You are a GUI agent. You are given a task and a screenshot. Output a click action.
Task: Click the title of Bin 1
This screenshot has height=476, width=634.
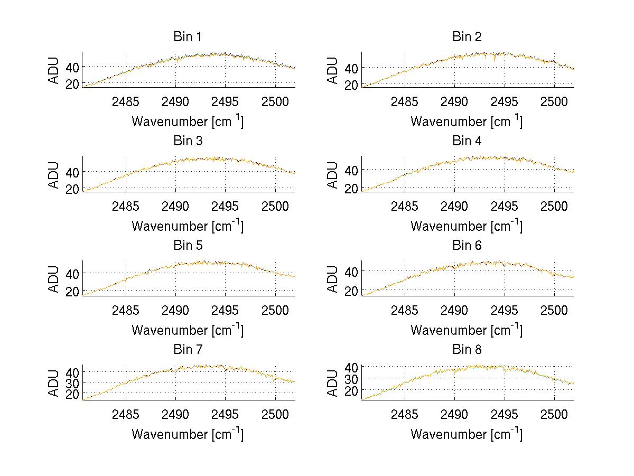coord(188,37)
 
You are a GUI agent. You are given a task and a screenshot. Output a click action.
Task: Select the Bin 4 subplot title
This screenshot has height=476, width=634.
coord(467,141)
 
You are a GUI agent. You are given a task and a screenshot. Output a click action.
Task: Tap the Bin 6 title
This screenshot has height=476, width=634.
coord(467,246)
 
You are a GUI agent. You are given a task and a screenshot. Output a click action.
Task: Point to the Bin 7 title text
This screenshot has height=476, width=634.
coord(188,350)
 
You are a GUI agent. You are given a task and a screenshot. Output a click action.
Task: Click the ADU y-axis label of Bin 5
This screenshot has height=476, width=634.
coord(54,278)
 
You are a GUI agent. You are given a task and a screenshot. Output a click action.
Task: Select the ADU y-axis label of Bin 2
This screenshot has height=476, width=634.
coord(333,70)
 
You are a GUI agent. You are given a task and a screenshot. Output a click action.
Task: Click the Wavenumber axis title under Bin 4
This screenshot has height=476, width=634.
coord(467,226)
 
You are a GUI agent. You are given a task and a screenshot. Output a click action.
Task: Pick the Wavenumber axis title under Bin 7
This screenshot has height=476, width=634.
coord(188,434)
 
